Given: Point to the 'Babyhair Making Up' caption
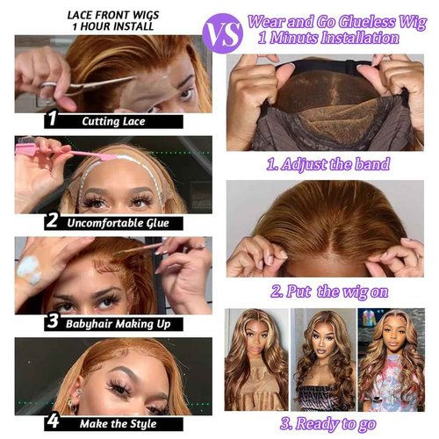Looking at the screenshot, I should [x=118, y=322].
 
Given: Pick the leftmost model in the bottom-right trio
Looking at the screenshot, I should [x=256, y=361].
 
